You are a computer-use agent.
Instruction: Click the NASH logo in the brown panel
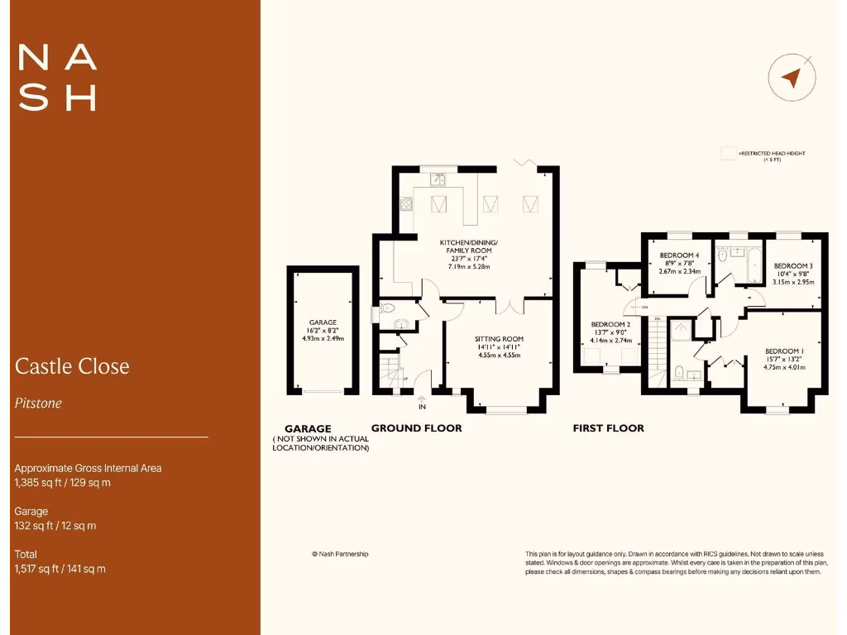tap(57, 78)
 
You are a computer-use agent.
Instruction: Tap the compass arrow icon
tap(792, 79)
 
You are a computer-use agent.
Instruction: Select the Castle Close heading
tap(72, 366)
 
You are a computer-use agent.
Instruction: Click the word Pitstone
tap(38, 403)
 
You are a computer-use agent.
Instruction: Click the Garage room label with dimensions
tap(323, 330)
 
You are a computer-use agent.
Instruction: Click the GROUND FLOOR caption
tap(416, 428)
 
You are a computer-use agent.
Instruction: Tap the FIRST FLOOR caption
tap(608, 428)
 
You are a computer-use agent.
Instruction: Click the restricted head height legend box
tap(728, 153)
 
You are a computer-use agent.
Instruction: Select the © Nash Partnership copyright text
tap(339, 554)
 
